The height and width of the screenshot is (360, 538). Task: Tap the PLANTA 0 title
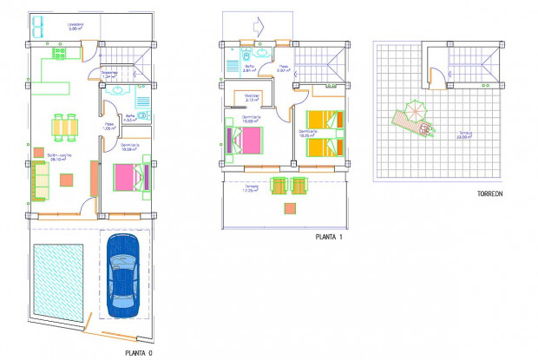pos(139,351)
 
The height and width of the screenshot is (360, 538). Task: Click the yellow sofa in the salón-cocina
pos(39,180)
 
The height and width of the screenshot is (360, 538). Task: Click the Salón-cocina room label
pos(59,157)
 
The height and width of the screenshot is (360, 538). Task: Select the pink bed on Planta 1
pos(241,140)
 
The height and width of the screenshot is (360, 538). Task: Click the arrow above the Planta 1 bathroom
pos(258,23)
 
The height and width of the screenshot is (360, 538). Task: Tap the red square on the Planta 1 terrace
pos(288,208)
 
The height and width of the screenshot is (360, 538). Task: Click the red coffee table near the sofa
pos(66,180)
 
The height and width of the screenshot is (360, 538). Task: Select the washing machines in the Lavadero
pos(37,26)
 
